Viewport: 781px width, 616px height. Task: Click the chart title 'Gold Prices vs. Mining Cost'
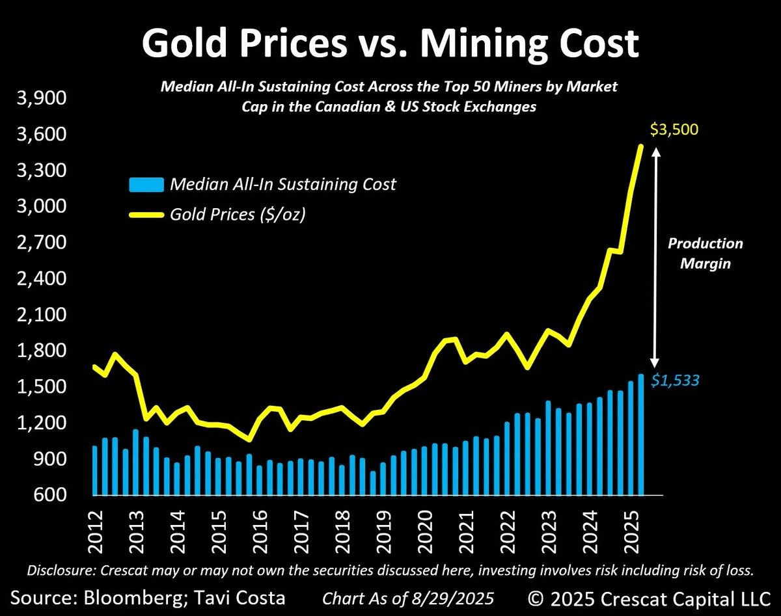(x=390, y=44)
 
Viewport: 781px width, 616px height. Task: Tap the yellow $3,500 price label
(x=676, y=130)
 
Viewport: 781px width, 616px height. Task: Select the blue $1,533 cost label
(x=677, y=380)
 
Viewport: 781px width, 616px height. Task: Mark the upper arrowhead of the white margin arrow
(x=656, y=151)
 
